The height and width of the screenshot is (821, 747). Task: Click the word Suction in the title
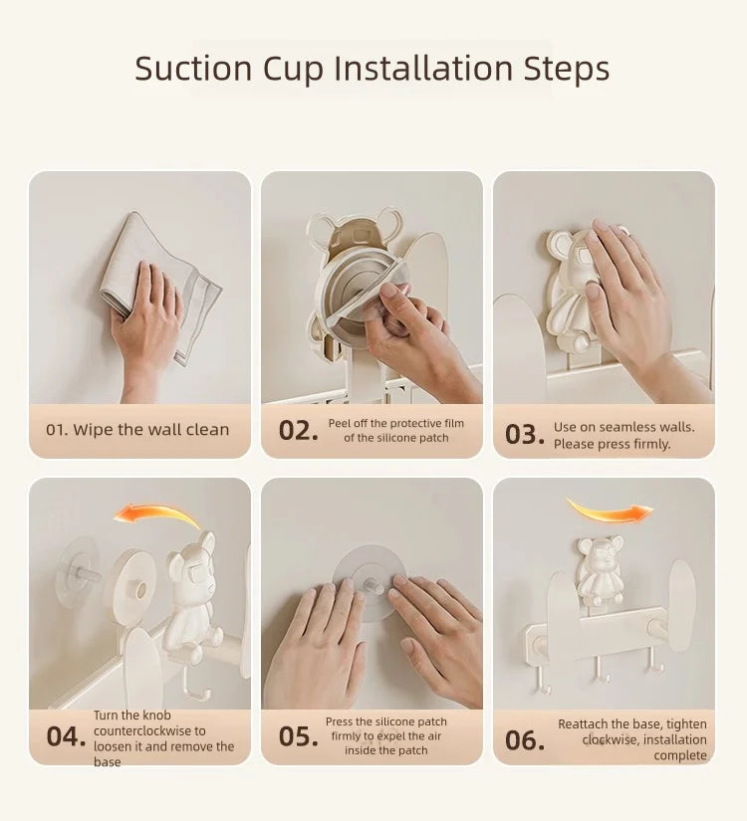point(193,68)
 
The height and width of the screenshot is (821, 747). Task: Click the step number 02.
point(298,431)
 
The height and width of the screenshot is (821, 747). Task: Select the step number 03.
point(525,435)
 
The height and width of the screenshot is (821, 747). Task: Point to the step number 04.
point(66,736)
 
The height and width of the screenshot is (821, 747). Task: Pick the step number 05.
point(298,736)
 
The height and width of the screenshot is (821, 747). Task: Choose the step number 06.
point(525,740)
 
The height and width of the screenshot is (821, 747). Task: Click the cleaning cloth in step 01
point(157,283)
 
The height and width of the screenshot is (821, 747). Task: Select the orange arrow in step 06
point(610,510)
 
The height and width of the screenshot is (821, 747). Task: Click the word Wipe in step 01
point(94,430)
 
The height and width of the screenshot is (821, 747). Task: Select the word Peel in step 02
point(340,423)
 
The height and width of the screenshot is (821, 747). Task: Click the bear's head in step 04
point(192,559)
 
